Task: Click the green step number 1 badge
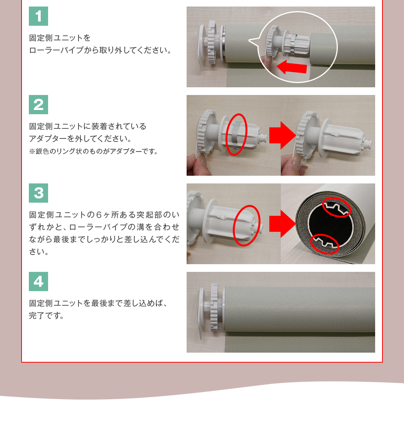click(38, 16)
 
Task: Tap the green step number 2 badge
click(38, 105)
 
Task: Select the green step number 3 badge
click(38, 193)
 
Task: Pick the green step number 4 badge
click(38, 281)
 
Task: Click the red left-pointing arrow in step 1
click(292, 67)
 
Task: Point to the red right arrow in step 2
click(282, 135)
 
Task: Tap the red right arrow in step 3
click(282, 224)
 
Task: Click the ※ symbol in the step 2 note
click(32, 152)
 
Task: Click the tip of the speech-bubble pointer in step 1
click(249, 41)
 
